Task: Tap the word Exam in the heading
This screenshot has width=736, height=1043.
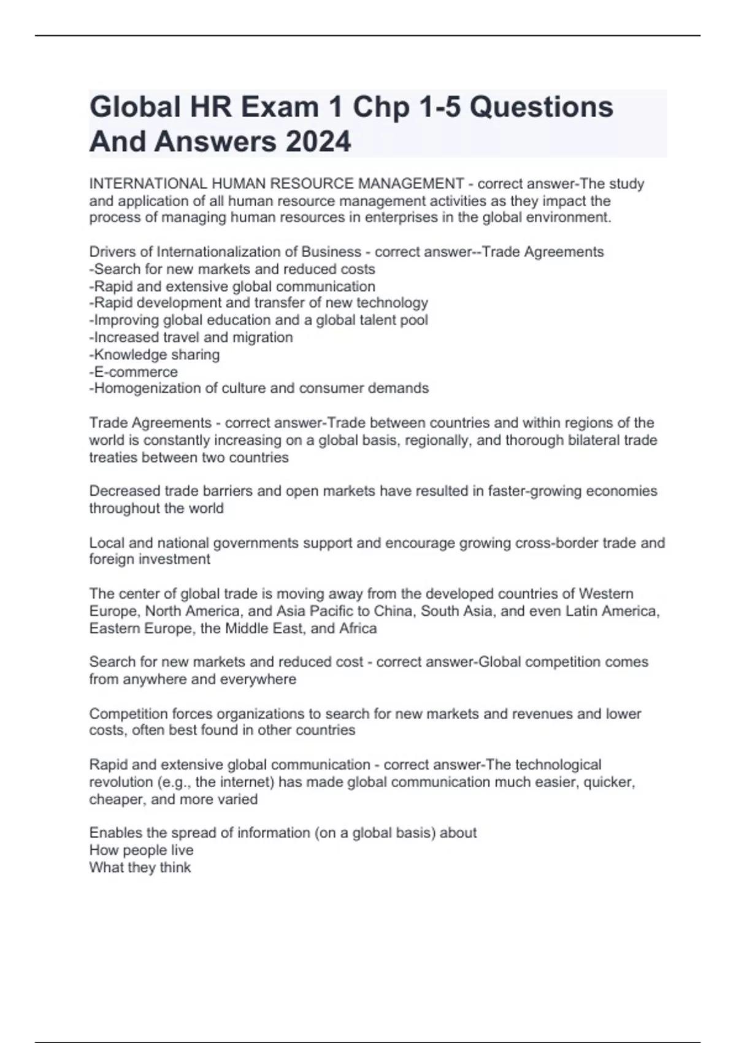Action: click(280, 107)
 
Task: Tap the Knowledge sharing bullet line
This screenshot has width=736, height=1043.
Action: click(155, 355)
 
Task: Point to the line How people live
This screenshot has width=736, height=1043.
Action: click(142, 850)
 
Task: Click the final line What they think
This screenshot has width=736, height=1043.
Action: click(140, 868)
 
